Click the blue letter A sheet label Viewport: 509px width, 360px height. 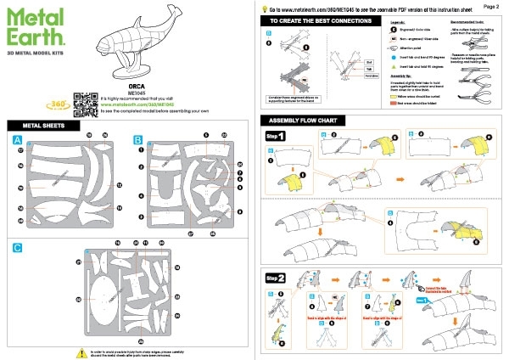pyautogui.click(x=18, y=138)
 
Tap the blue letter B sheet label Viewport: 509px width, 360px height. pyautogui.click(x=137, y=138)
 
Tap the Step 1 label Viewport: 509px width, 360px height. pyautogui.click(x=276, y=136)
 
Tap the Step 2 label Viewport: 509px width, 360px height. pyautogui.click(x=276, y=277)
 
